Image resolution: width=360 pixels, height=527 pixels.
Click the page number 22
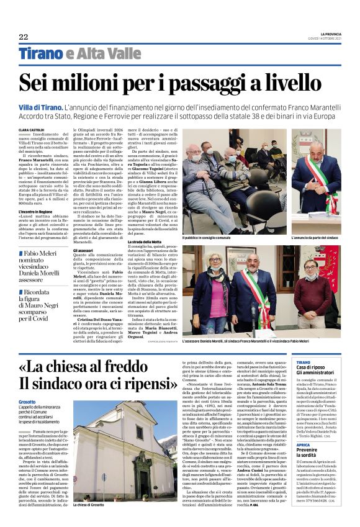click(x=24, y=37)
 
